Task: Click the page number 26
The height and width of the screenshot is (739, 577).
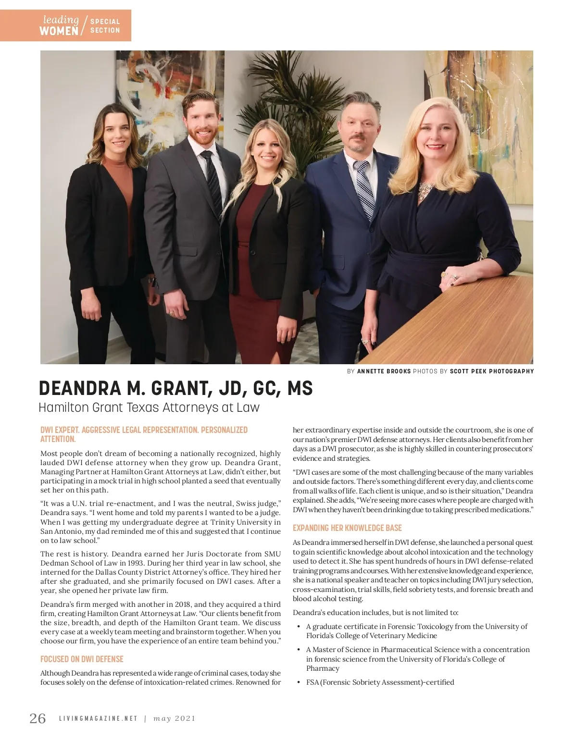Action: coord(38,718)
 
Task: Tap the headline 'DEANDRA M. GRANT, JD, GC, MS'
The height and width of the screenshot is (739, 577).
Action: coord(176,388)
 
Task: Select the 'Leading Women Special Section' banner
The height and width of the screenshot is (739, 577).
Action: coord(65,25)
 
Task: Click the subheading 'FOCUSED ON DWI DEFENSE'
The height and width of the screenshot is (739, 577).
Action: coord(82,659)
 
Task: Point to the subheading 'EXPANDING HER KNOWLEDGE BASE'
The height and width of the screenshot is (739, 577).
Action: coord(347,528)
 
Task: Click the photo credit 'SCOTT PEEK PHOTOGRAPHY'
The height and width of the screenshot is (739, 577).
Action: coord(491,371)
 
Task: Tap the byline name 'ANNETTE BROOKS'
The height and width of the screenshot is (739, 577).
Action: coord(384,371)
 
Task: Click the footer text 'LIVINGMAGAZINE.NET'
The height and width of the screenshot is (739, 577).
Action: coord(98,719)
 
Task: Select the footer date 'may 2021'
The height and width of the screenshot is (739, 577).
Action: coord(174,719)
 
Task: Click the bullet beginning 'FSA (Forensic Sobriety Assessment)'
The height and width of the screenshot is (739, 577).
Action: coord(380,682)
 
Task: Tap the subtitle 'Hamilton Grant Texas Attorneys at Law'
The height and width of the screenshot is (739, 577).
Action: coord(149,407)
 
